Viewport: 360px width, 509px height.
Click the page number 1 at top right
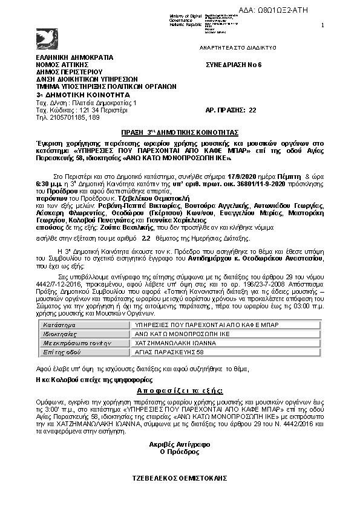pyautogui.click(x=322, y=25)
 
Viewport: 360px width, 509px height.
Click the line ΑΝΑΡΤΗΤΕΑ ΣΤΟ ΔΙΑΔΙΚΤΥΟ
pyautogui.click(x=238, y=47)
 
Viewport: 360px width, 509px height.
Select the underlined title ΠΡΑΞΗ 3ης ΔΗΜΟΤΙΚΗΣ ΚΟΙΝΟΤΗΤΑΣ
pyautogui.click(x=179, y=131)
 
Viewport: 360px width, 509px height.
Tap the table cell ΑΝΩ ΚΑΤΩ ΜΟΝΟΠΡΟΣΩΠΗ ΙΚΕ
pyautogui.click(x=176, y=333)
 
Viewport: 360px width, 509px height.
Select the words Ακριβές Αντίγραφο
pyautogui.click(x=179, y=444)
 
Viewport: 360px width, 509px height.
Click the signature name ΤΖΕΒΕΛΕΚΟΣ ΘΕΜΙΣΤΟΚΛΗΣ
pyautogui.click(x=179, y=478)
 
